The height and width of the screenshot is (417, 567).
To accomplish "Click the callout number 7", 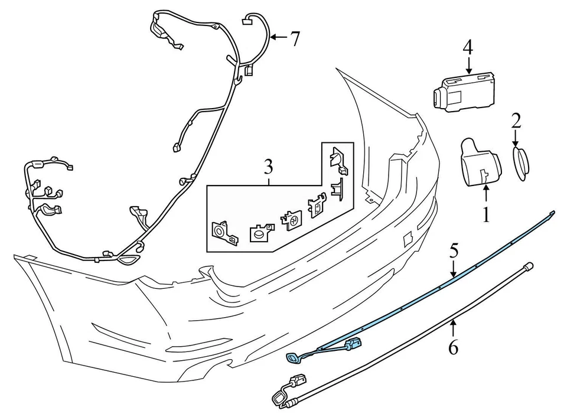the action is pos(295,39).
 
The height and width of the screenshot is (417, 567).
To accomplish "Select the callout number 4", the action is pos(468,47).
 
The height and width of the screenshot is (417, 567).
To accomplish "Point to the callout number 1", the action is pos(486,214).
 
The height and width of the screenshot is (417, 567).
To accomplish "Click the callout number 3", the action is pos(268,167).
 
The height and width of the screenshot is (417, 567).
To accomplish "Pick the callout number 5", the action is pos(454,250).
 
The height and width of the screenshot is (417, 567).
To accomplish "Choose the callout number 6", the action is pos(453,347).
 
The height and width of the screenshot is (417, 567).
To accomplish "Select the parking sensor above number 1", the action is pos(480,163).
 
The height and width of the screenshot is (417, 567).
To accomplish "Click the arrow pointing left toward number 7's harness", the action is pos(279,37).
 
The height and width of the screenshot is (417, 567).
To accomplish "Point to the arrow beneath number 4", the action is pos(468,66).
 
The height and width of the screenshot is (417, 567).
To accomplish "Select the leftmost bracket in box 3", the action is pos(224,233).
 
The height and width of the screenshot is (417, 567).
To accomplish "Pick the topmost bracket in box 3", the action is pos(338,159).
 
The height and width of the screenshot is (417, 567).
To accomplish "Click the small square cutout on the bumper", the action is pos(407,238).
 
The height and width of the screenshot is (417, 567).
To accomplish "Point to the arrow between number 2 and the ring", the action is pos(516,138).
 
